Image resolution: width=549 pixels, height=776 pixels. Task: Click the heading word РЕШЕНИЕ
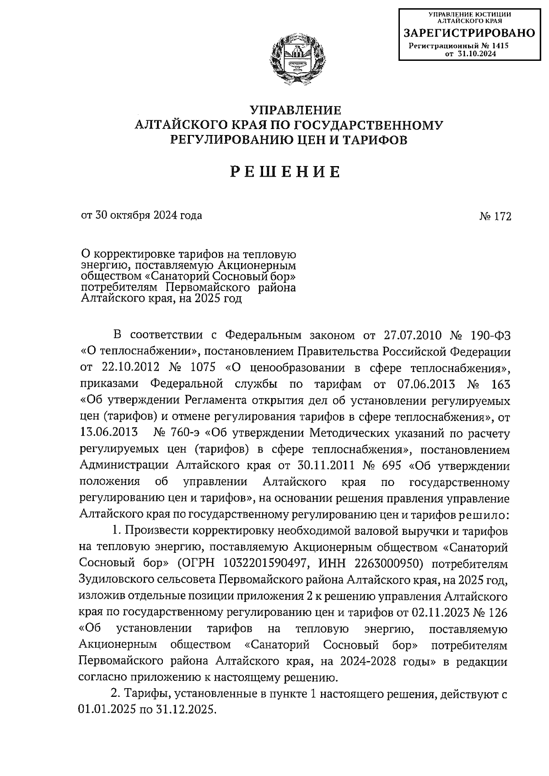click(285, 172)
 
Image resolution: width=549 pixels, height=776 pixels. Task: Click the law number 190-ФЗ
click(490, 335)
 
